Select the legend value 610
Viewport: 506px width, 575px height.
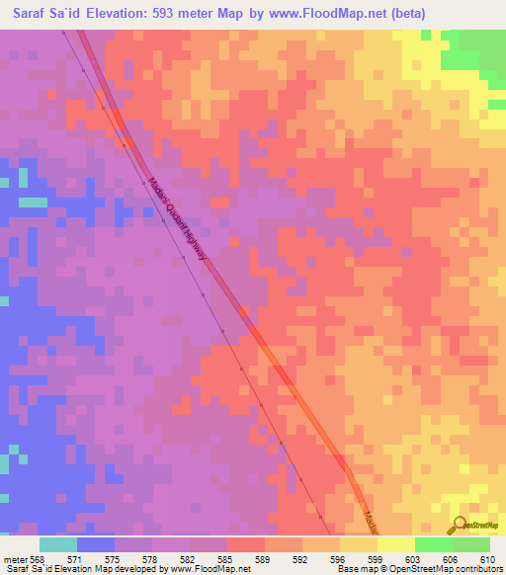[488, 557]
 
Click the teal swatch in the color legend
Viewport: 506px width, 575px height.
[58, 544]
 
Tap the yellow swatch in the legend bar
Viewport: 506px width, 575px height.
[359, 544]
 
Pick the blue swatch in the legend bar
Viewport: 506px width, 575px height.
[96, 544]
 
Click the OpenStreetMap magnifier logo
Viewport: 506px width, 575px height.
[458, 525]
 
